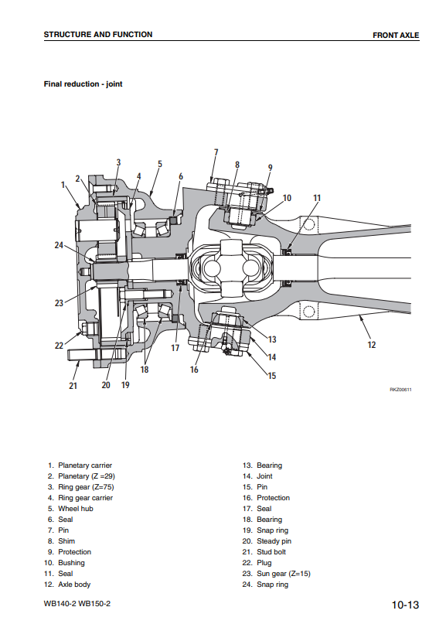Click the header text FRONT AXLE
pos(396,35)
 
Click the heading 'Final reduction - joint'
pos(83,84)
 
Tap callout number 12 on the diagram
pos(371,345)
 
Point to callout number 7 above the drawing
pos(216,152)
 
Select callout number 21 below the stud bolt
pos(73,386)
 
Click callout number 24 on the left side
pos(59,245)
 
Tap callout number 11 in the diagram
pos(317,198)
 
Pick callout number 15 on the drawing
pos(272,375)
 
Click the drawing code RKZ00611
pos(400,390)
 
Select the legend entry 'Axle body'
pos(74,585)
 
